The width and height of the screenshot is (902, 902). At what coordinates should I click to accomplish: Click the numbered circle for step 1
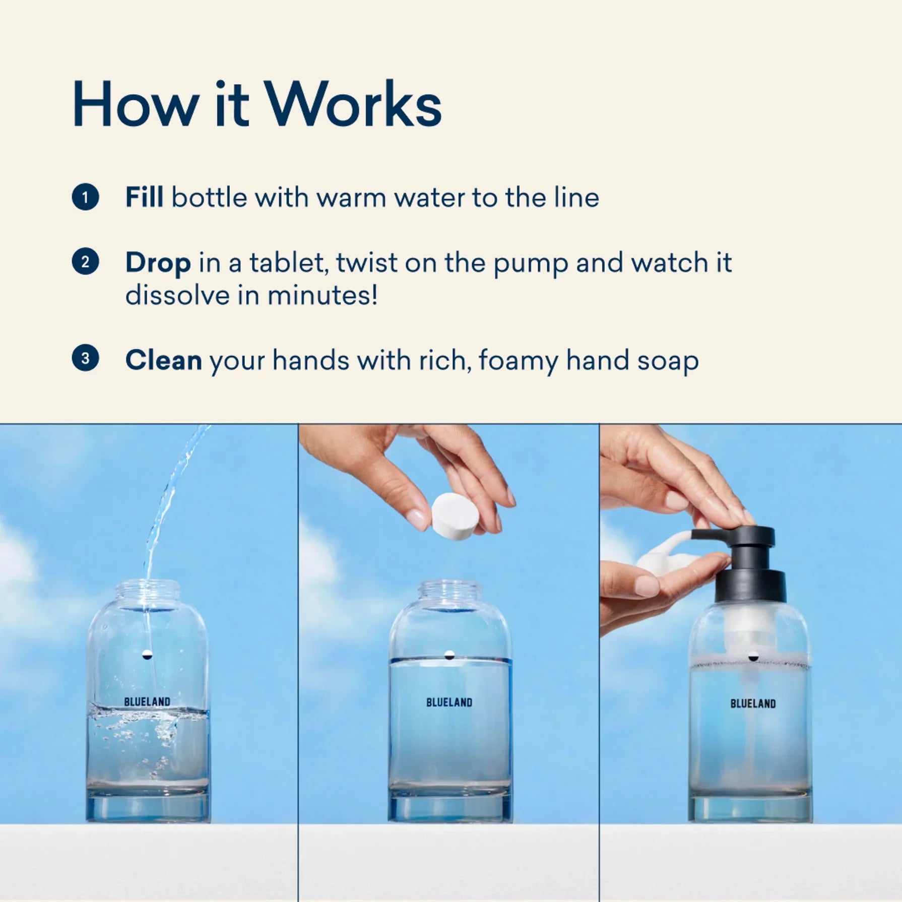coord(85,197)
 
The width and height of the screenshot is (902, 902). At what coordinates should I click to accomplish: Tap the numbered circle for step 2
coord(85,262)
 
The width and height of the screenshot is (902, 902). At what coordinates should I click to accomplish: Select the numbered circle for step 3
coord(85,358)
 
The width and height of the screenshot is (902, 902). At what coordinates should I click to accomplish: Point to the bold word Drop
coord(158,263)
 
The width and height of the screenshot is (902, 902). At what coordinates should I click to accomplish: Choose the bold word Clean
coord(164,360)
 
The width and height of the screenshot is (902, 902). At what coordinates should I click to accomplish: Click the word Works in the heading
coord(353,104)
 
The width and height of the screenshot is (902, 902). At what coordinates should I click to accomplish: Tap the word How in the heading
coord(135,104)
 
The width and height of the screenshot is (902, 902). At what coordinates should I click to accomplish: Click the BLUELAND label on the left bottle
coord(147,701)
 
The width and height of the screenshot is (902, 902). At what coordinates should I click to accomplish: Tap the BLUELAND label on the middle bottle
coord(449,702)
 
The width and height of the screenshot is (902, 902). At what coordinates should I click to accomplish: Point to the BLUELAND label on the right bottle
coord(753,703)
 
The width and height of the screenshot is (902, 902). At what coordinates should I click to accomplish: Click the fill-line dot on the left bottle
coord(147,655)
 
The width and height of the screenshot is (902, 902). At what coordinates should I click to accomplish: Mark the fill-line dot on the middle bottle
coord(449,655)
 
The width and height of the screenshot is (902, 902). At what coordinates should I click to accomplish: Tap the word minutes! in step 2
coord(323,295)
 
